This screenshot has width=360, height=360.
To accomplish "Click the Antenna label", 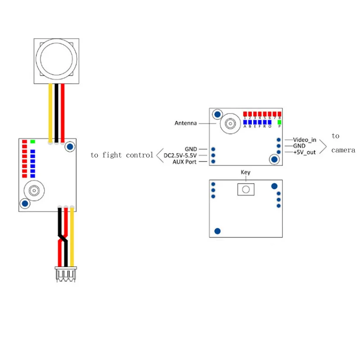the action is (x=186, y=123).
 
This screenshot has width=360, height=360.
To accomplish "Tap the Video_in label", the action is (x=305, y=140).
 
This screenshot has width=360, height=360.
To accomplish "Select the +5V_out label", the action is (x=305, y=152).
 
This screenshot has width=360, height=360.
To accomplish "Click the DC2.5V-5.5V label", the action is (x=180, y=155).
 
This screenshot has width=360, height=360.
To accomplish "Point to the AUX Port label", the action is (x=184, y=162).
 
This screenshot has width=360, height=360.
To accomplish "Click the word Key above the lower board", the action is (x=246, y=172).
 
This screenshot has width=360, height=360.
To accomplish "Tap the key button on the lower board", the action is (x=246, y=189).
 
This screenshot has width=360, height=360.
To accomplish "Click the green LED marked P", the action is (x=279, y=122).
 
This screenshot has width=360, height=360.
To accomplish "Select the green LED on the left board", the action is (x=32, y=141).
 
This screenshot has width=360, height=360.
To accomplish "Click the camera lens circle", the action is (x=56, y=59).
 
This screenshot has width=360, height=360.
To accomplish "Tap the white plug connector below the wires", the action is (x=66, y=274).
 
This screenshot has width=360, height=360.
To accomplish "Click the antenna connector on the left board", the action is (x=34, y=191).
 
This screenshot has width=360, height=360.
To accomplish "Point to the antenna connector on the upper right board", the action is (x=230, y=123).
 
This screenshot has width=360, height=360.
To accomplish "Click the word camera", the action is (x=343, y=150).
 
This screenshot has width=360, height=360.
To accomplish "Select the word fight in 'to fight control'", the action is (x=112, y=155).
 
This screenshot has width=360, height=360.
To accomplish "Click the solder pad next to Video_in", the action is (x=278, y=140).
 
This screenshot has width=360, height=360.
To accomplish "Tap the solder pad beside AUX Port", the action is (x=213, y=162).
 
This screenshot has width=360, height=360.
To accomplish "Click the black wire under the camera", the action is (x=56, y=113).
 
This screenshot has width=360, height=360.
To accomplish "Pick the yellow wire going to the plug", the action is (x=72, y=237).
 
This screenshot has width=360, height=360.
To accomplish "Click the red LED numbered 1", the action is (x=245, y=114).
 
